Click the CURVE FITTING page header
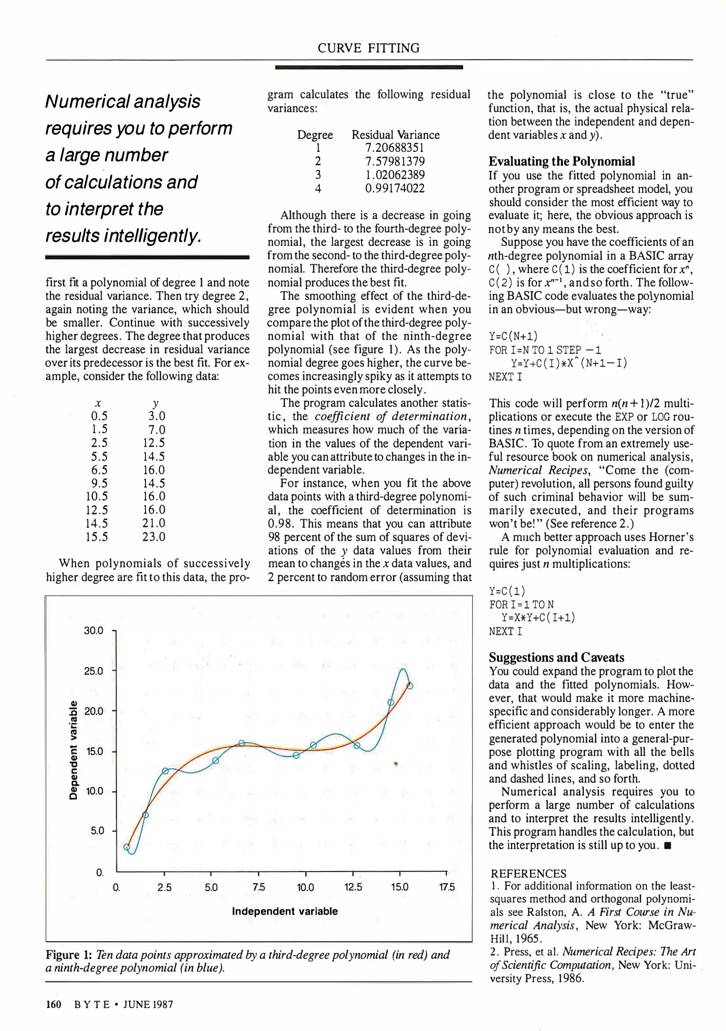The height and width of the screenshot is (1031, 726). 368,48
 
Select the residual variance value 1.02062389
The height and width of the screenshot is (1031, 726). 394,175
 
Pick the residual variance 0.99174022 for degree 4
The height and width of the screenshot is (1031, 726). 394,189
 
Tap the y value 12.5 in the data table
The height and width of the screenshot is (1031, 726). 154,443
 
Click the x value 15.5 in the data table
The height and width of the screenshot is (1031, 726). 97,537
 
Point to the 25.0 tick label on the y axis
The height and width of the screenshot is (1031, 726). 93,671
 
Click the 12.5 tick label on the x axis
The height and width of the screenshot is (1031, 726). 353,887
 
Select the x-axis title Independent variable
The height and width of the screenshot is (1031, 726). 285,911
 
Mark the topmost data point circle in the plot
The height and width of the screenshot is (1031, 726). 410,686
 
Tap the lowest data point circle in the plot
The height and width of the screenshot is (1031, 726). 127,847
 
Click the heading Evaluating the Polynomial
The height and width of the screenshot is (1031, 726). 561,161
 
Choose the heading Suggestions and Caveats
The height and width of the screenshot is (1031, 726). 556,658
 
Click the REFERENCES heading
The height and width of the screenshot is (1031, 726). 528,873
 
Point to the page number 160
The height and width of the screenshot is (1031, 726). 53,1004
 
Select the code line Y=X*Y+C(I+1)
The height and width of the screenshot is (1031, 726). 538,618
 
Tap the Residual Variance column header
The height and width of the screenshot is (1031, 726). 395,135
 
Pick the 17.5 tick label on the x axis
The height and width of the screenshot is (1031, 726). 447,887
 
